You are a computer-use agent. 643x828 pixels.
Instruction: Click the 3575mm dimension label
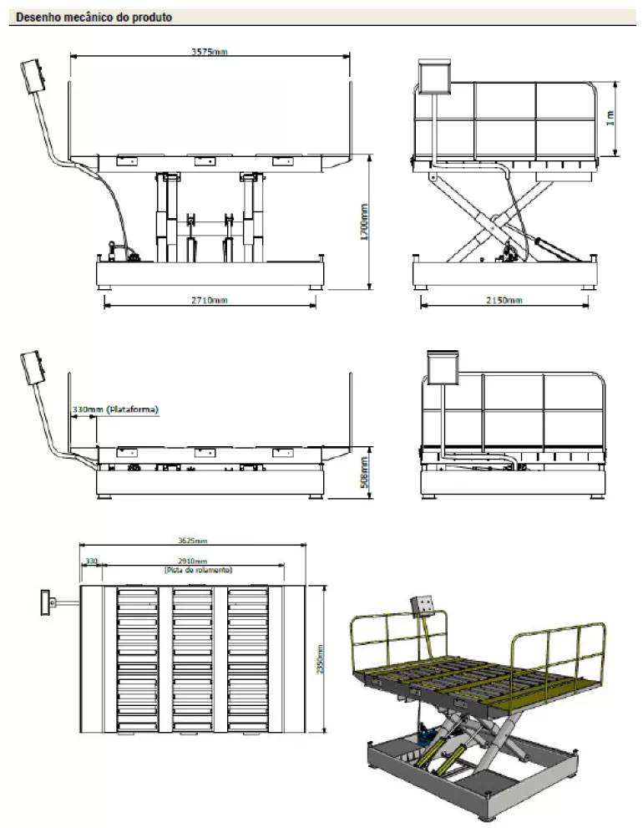pyautogui.click(x=209, y=52)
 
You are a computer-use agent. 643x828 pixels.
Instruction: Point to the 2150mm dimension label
pyautogui.click(x=504, y=300)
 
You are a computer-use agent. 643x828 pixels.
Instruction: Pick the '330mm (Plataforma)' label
pyautogui.click(x=115, y=409)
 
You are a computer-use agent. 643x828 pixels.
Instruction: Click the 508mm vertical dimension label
pyautogui.click(x=364, y=474)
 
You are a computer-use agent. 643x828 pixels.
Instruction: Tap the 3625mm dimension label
pyautogui.click(x=194, y=541)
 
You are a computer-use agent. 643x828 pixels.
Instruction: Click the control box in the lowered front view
pyautogui.click(x=34, y=368)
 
